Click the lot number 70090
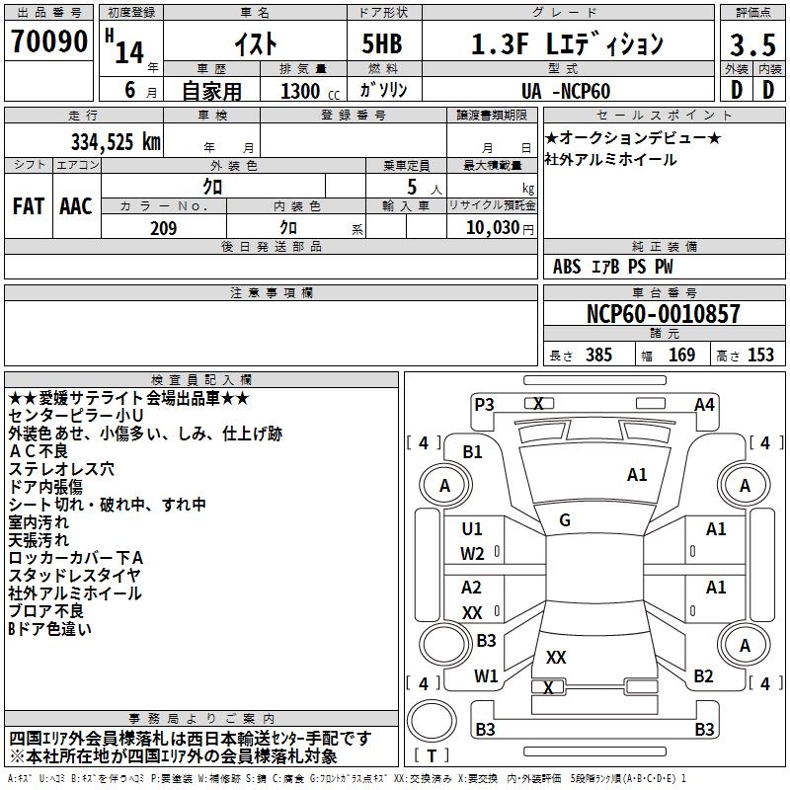click(x=48, y=41)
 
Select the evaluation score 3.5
click(x=751, y=44)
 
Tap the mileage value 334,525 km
click(x=115, y=140)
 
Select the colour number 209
click(x=163, y=228)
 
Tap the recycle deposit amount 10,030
click(x=490, y=228)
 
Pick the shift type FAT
click(x=28, y=205)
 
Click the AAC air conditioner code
click(x=76, y=205)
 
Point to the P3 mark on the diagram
click(x=484, y=404)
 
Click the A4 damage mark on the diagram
click(x=704, y=404)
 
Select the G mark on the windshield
click(x=564, y=520)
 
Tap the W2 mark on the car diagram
click(x=472, y=554)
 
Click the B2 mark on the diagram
click(x=703, y=676)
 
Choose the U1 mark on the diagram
click(x=472, y=529)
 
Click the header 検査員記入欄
click(x=201, y=379)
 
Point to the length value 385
click(x=597, y=355)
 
